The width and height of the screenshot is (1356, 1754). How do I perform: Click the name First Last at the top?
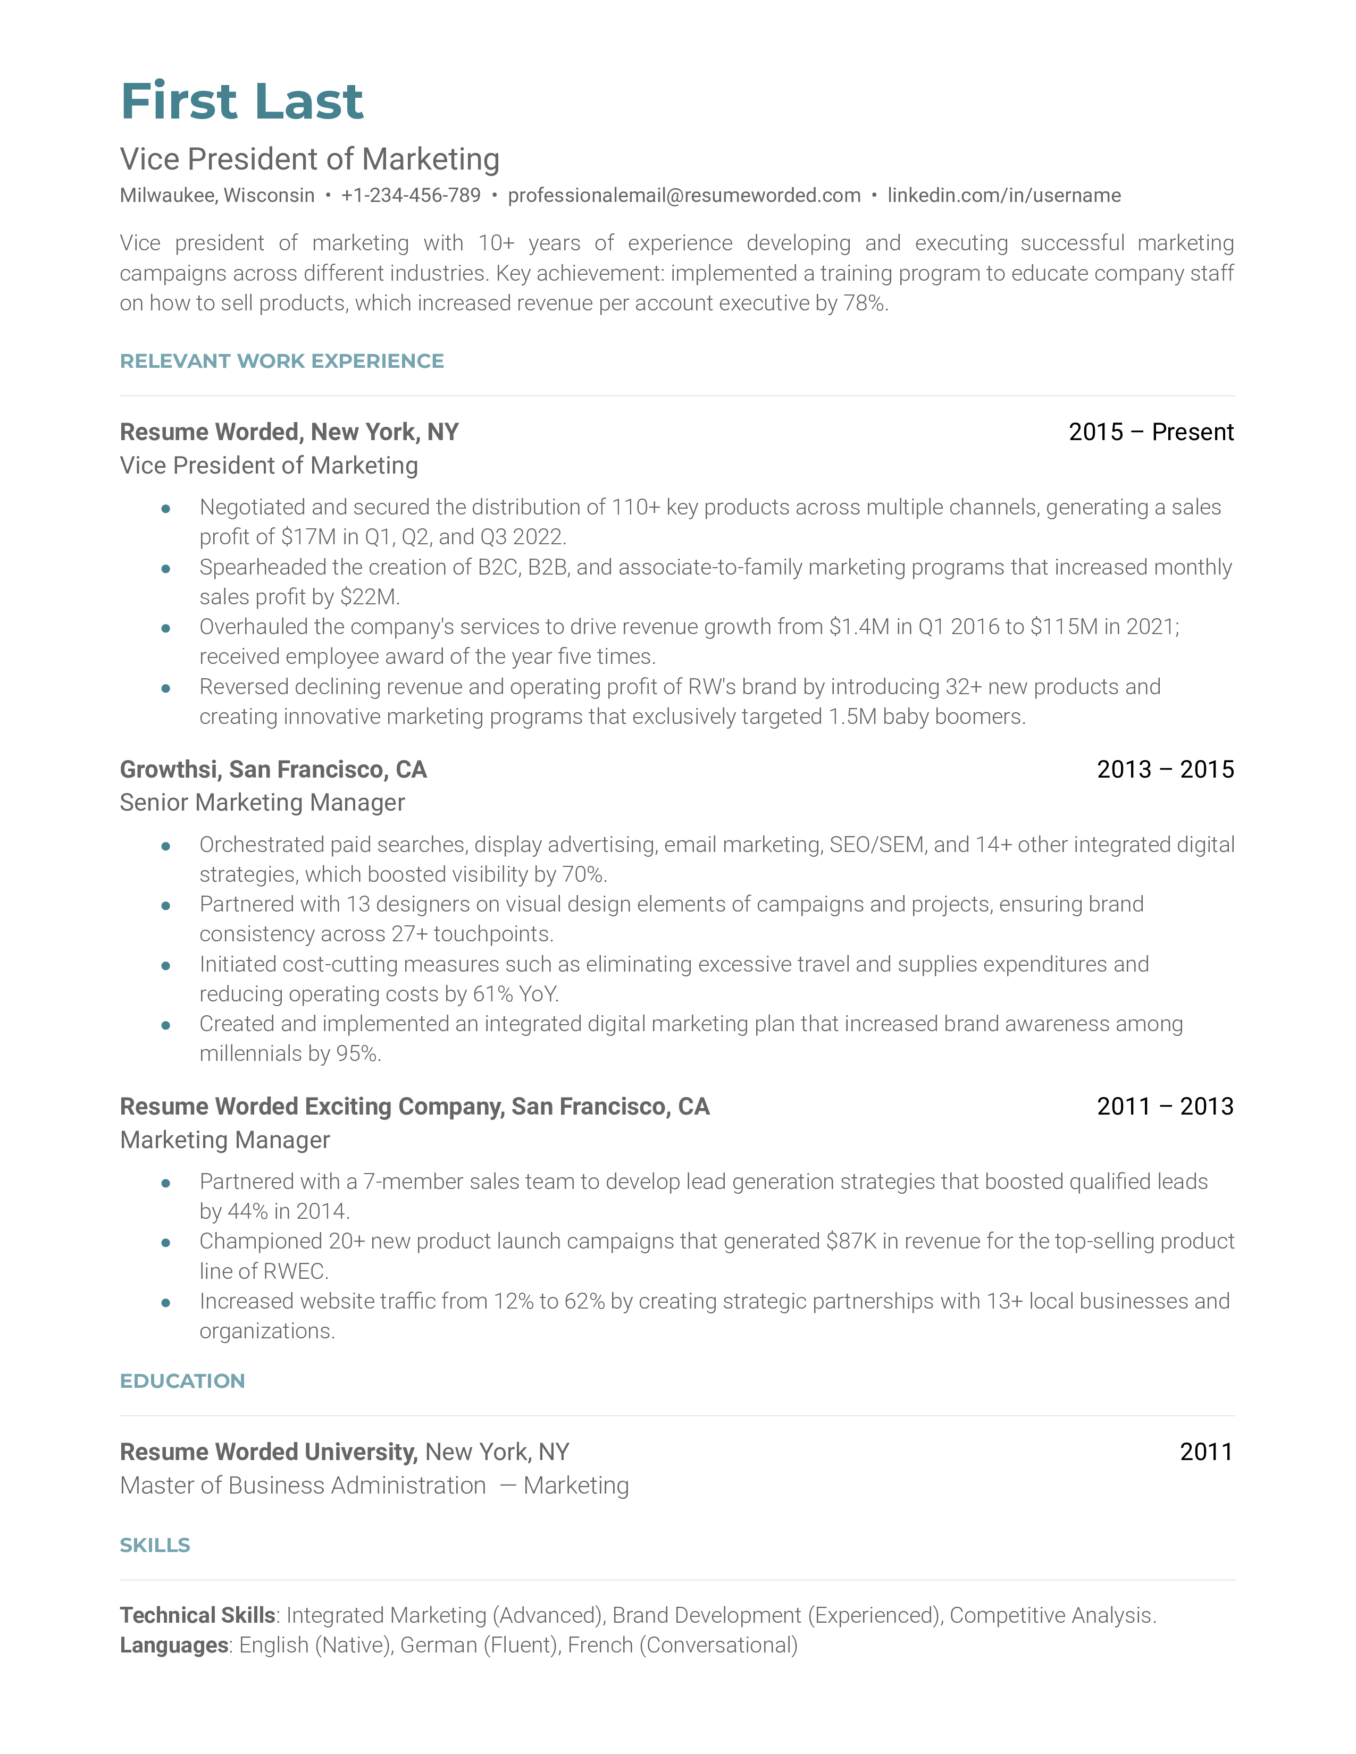click(242, 102)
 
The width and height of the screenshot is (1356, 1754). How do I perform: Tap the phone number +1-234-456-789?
click(411, 195)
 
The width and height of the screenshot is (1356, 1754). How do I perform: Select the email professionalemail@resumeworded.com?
click(684, 195)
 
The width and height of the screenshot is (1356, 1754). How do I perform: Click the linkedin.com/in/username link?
click(1003, 195)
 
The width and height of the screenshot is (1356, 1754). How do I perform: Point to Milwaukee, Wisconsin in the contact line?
click(217, 195)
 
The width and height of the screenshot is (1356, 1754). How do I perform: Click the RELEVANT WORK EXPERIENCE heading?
click(281, 361)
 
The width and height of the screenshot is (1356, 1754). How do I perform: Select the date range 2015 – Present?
click(1150, 432)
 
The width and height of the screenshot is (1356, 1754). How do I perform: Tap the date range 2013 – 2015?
click(1165, 770)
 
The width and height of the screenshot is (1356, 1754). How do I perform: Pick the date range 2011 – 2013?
click(1165, 1107)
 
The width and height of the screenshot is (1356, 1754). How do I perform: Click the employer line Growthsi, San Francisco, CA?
click(273, 770)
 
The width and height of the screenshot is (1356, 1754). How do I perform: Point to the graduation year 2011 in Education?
click(1206, 1452)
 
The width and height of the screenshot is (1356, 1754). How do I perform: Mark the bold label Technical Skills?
click(198, 1615)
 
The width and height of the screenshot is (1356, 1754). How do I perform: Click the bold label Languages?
click(174, 1645)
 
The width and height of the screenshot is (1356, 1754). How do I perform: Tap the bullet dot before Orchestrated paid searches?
click(165, 846)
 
